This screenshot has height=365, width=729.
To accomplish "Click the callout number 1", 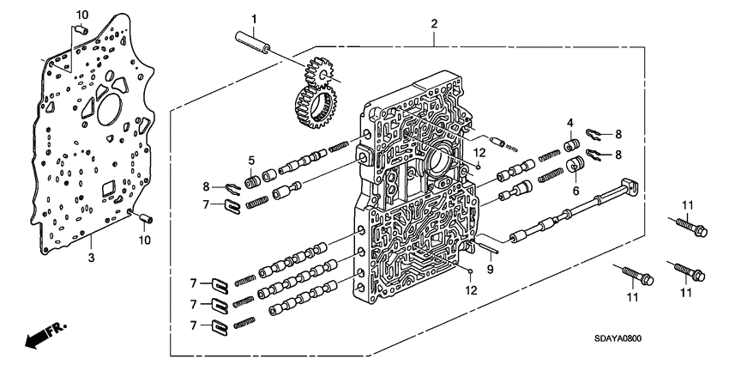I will [254, 19].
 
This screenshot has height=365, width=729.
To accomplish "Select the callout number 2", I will [435, 24].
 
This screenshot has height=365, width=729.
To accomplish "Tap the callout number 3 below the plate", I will [92, 257].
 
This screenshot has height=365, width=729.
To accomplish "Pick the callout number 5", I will [250, 160].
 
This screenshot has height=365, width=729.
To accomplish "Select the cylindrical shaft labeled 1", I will [250, 44].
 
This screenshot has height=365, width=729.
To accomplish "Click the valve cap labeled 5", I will [253, 183].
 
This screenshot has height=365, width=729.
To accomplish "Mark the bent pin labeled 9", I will [486, 245].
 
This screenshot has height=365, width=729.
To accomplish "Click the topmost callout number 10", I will [82, 15].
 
